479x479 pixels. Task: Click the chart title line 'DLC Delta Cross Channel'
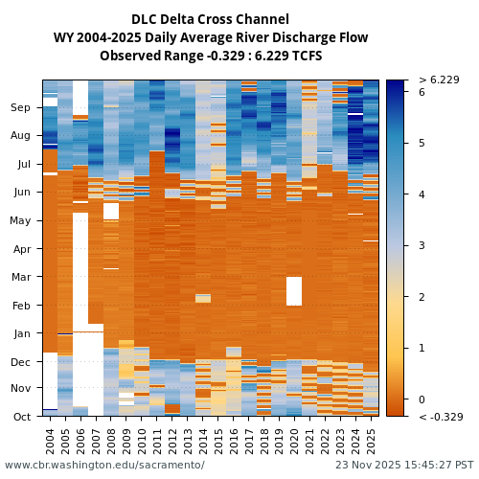coord(210,19)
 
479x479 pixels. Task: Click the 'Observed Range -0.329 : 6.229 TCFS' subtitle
coord(210,56)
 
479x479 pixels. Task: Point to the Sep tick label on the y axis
coord(21,108)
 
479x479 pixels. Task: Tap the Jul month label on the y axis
coord(24,164)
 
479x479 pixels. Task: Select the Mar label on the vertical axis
coord(21,277)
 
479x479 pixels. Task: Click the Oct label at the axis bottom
coord(22,417)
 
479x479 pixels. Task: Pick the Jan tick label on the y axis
coord(22,333)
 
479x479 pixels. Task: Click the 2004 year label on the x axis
coord(51,440)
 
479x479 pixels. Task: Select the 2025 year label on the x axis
coord(372,440)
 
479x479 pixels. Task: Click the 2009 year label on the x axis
coord(126,440)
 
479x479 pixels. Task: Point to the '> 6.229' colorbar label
coord(439,80)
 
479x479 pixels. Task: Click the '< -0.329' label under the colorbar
coord(440,417)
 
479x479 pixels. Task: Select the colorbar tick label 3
coord(422,245)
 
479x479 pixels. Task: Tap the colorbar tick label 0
coord(422,399)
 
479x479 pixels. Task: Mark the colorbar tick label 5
coord(422,144)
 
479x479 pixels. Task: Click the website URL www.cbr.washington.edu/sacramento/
coord(104,466)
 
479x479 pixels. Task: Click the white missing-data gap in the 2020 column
coord(294,291)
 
